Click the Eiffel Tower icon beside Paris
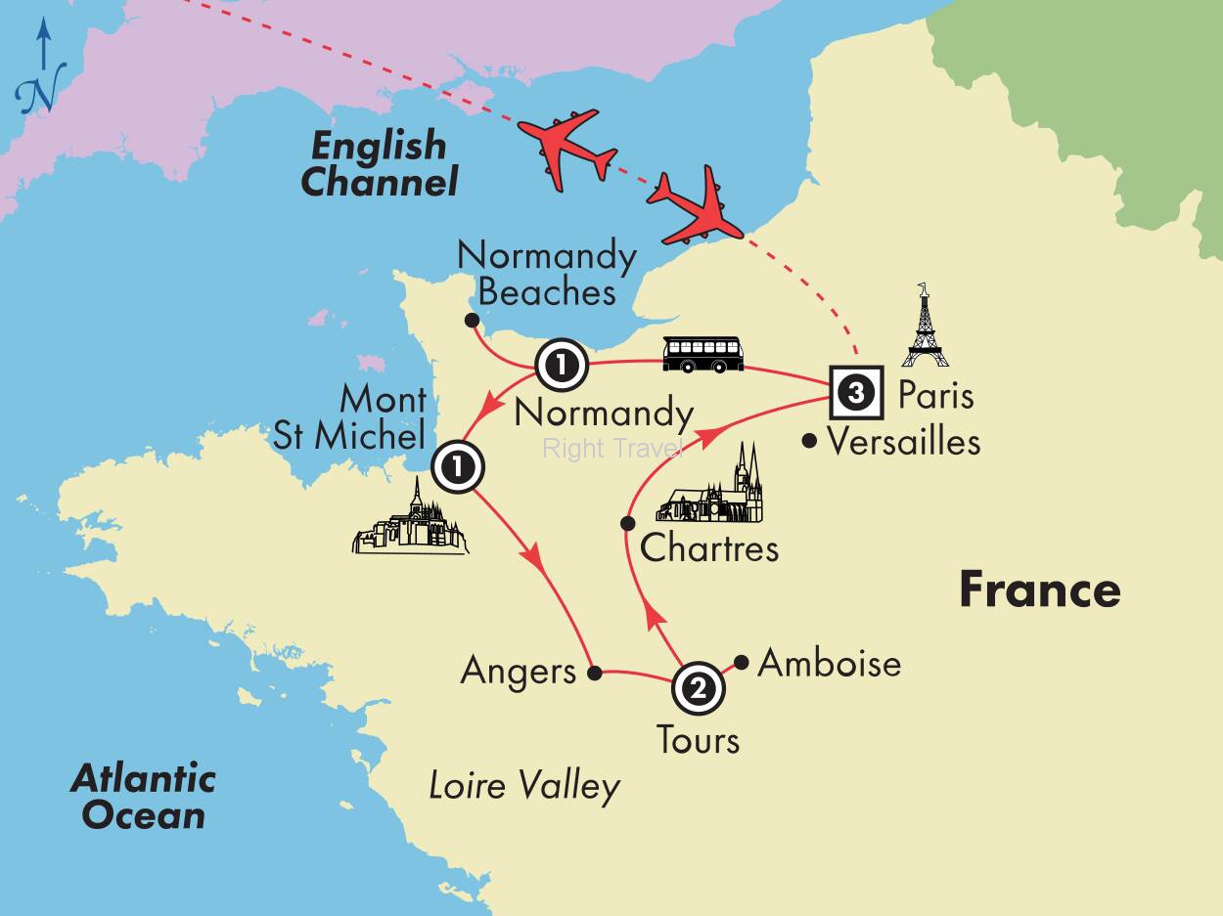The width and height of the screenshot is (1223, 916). [925, 327]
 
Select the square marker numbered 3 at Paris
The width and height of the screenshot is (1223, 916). [856, 394]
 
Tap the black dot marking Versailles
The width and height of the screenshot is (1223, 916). [809, 442]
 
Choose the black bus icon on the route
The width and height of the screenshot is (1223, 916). [702, 354]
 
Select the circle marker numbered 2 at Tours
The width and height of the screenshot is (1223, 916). [698, 689]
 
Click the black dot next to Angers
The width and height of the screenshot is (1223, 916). [594, 673]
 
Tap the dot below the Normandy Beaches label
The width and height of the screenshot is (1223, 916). [472, 321]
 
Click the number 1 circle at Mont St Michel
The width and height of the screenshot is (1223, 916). [458, 467]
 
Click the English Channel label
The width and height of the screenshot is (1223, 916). [379, 163]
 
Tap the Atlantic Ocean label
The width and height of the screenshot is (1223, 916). [143, 797]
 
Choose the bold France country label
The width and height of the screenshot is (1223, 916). [1039, 589]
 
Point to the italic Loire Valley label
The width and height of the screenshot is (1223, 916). [524, 786]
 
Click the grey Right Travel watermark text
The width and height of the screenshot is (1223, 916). [611, 449]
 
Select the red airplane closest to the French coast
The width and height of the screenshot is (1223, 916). [692, 207]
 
